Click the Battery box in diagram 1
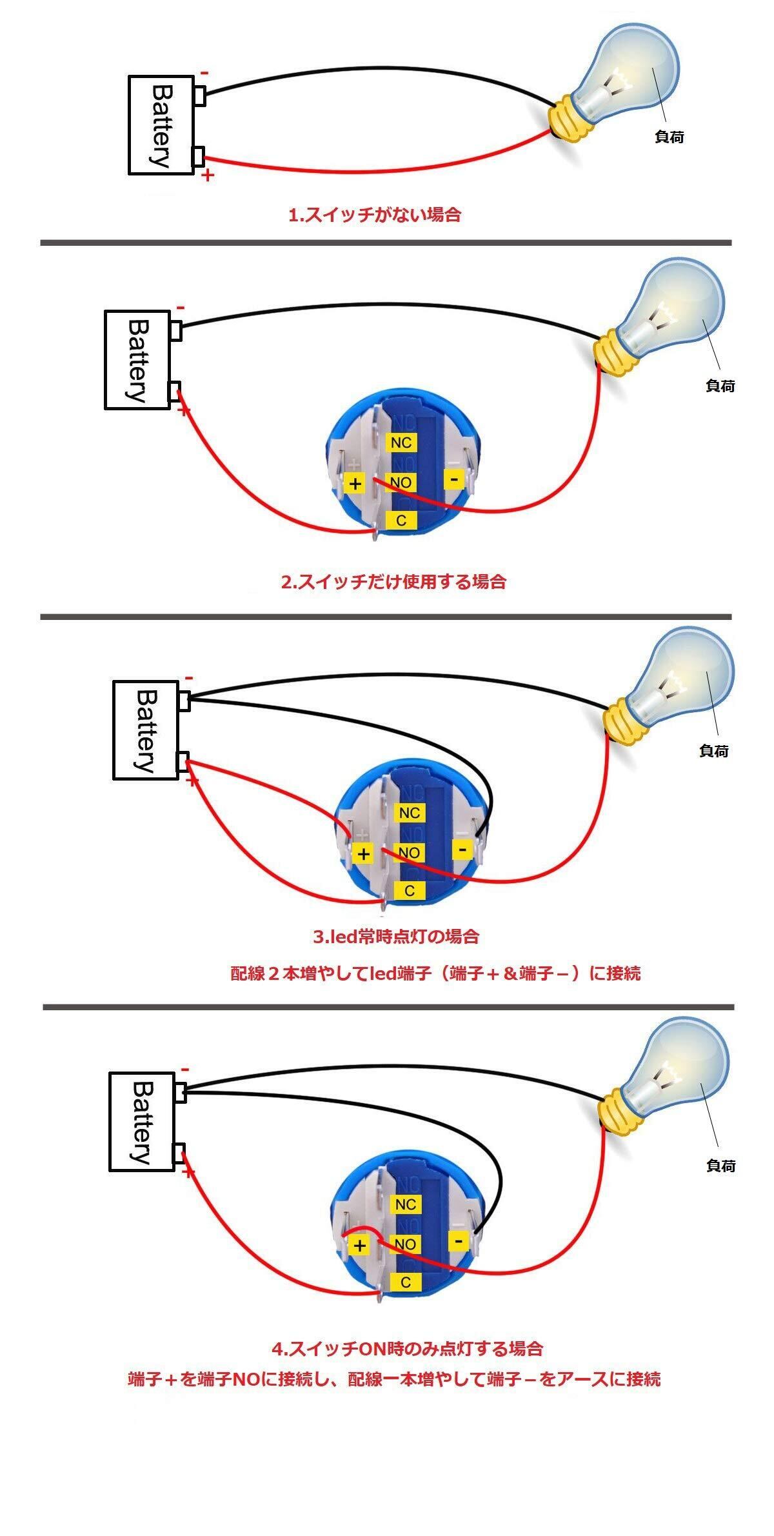[x=161, y=125]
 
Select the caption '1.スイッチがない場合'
[x=375, y=215]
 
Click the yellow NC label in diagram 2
[x=401, y=443]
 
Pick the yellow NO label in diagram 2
[x=401, y=483]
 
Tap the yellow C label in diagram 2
[x=401, y=520]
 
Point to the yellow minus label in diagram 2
[x=455, y=479]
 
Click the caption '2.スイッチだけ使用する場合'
[x=393, y=582]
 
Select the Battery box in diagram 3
[x=146, y=730]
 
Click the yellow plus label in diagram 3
[x=364, y=854]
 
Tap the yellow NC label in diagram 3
[x=409, y=813]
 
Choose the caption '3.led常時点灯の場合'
[x=396, y=936]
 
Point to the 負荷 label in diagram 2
[x=720, y=386]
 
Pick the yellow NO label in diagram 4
[x=405, y=1244]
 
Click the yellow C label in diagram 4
[x=405, y=1282]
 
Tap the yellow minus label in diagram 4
[x=459, y=1241]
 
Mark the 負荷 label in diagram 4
[x=720, y=1166]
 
